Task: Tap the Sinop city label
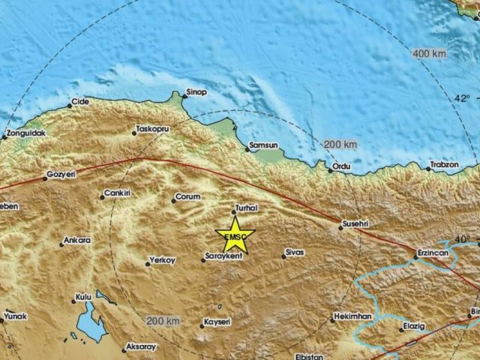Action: [x=196, y=92]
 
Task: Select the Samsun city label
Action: [x=264, y=145]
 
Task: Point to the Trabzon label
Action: [x=443, y=164]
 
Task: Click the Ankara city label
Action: [x=78, y=240]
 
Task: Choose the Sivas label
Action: [x=294, y=253]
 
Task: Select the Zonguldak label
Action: [x=25, y=133]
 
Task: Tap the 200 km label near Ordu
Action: [x=340, y=143]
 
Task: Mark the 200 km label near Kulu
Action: [x=163, y=321]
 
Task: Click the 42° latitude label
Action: [x=463, y=98]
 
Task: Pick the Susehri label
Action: [x=355, y=223]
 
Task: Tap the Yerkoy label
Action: [x=162, y=260]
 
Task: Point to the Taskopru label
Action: [x=154, y=129]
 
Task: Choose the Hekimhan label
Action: [x=353, y=317]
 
